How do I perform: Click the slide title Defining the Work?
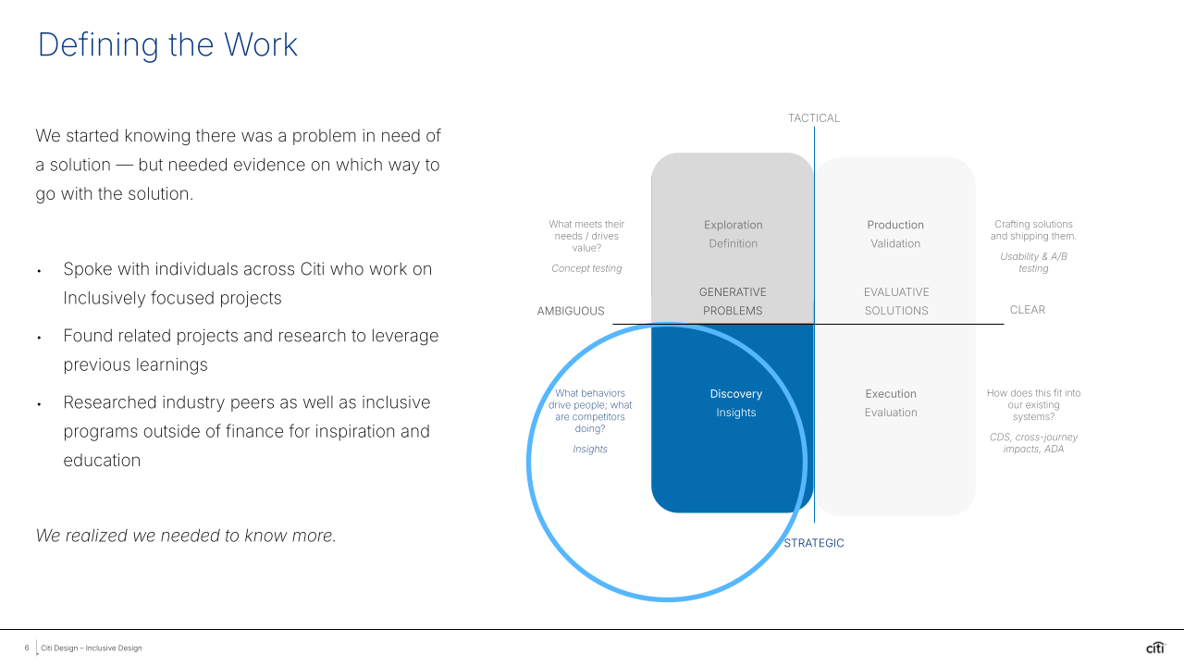pos(167,45)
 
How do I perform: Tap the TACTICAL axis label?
pos(814,118)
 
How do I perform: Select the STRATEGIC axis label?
pos(814,543)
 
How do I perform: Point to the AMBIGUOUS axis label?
pos(571,311)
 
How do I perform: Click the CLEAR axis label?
pos(1028,310)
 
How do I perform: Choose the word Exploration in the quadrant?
pos(734,225)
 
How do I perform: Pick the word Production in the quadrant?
pos(895,225)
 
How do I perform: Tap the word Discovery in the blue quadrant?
pos(736,394)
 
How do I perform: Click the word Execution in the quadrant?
pos(891,394)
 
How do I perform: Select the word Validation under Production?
pos(895,244)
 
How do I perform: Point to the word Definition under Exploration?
pos(734,244)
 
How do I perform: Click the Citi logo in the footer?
pos(1155,647)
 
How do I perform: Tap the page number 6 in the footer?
pos(27,648)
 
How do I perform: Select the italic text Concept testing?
pos(586,268)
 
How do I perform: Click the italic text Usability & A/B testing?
pos(1033,262)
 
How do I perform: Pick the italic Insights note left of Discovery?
pos(590,450)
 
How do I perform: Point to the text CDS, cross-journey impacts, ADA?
pos(1033,443)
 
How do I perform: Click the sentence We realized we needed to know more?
pos(186,536)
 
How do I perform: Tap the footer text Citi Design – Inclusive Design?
pos(92,648)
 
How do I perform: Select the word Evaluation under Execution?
pos(891,413)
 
